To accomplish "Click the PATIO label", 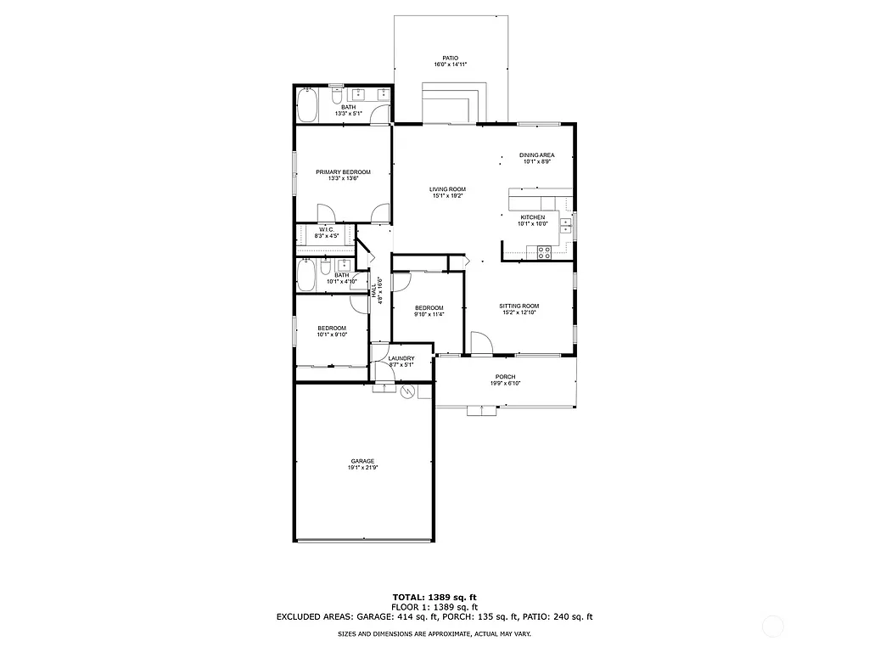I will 450,58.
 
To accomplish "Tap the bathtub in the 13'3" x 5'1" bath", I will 306,106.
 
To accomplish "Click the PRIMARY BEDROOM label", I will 343,171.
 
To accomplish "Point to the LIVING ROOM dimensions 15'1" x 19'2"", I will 447,196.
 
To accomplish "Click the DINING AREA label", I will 537,155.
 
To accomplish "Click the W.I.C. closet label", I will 326,230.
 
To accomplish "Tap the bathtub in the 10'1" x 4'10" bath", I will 306,275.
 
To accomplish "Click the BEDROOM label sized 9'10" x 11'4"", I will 429,307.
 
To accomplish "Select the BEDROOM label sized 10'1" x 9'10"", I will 332,328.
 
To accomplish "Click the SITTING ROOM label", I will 519,306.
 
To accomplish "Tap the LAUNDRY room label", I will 401,358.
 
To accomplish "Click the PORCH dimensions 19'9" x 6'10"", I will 505,384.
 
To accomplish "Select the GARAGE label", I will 362,461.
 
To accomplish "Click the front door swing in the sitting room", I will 480,343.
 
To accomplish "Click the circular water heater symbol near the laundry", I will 406,391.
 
